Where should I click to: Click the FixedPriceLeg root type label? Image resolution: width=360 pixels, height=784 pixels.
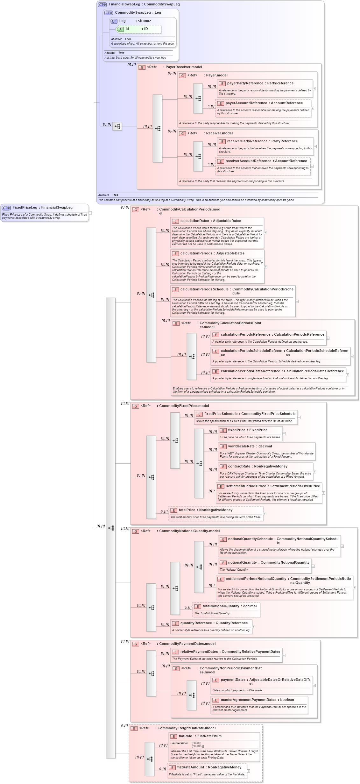pos(25,207)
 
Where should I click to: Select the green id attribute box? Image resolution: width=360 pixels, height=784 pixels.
pos(139,29)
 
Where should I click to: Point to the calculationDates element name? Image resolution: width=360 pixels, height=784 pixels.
pos(194,221)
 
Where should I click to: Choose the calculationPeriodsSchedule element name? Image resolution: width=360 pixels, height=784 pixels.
pos(204,289)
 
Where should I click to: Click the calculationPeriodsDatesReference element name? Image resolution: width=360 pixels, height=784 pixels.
pos(250,371)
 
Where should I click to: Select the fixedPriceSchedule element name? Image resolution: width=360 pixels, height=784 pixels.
pos(221,414)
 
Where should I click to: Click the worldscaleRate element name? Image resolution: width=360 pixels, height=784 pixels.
pos(241,446)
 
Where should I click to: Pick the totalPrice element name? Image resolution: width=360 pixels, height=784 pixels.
pos(187,510)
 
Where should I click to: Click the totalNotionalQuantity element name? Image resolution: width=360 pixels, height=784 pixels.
pos(221,606)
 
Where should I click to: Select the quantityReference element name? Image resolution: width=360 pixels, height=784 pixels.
pos(196,623)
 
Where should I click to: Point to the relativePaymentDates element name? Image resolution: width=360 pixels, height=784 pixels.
pos(199,652)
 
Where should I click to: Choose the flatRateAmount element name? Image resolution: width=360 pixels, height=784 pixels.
pos(190,767)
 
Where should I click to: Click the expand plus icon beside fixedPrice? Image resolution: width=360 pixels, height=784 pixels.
pos(284,433)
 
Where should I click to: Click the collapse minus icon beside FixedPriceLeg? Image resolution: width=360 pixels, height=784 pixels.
pos(90,212)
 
